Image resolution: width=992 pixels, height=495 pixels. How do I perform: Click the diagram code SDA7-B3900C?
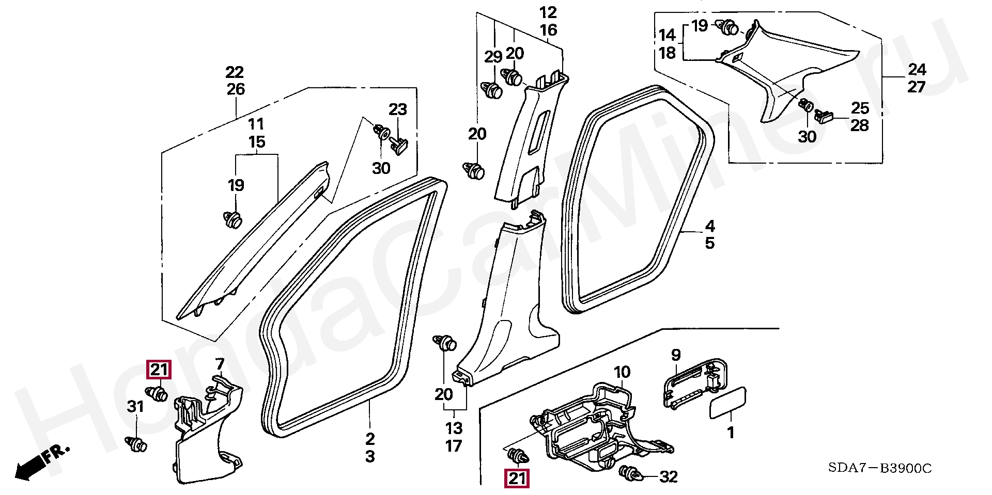879,468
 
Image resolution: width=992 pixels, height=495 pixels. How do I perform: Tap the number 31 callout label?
135,407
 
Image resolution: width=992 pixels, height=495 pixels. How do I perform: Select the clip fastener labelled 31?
136,443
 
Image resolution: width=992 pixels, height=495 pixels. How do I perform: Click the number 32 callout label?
669,477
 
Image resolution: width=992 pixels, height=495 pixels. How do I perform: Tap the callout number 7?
220,364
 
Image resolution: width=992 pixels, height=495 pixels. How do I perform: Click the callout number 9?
676,355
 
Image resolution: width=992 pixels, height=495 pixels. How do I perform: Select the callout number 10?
622,372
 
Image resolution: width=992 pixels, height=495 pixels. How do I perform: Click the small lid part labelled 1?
727,402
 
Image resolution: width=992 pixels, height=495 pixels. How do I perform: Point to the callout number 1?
731,432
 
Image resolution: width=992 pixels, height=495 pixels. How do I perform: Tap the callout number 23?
398,109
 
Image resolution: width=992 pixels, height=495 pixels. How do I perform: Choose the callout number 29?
493,57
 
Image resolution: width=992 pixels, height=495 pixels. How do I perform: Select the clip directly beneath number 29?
492,90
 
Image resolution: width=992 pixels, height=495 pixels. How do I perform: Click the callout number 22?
235,72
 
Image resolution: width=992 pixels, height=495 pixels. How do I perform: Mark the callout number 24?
917,70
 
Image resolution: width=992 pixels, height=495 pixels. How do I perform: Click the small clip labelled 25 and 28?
824,116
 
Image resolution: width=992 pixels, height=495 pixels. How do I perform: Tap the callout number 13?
454,428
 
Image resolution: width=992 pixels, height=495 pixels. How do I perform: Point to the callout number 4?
710,226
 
